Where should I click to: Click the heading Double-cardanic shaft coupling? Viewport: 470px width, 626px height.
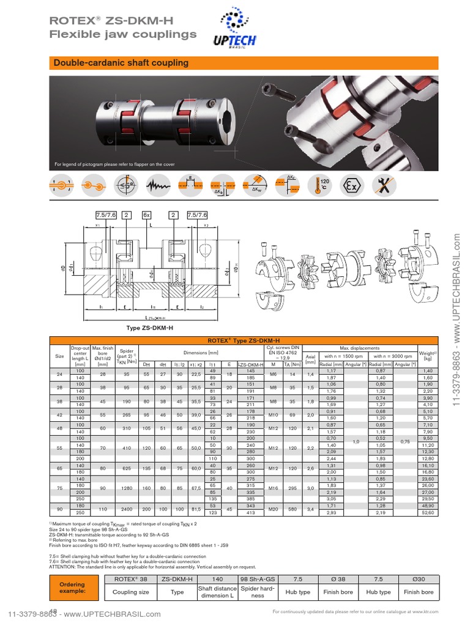(121, 63)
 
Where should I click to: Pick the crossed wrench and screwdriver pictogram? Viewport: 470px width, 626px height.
(384, 185)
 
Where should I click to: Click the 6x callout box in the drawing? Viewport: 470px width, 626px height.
(147, 215)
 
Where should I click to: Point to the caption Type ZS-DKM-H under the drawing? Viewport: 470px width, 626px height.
(147, 328)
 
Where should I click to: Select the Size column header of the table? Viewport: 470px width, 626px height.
(59, 355)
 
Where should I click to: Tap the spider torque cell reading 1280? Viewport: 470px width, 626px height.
(127, 488)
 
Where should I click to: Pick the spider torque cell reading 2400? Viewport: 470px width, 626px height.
(127, 509)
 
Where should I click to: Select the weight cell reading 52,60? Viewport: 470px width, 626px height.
(427, 512)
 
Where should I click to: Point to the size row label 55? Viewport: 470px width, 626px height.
(59, 448)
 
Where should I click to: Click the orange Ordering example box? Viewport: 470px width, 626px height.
(72, 587)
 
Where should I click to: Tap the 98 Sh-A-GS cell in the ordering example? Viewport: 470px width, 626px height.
(258, 578)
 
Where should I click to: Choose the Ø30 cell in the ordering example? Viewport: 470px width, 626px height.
(419, 578)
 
